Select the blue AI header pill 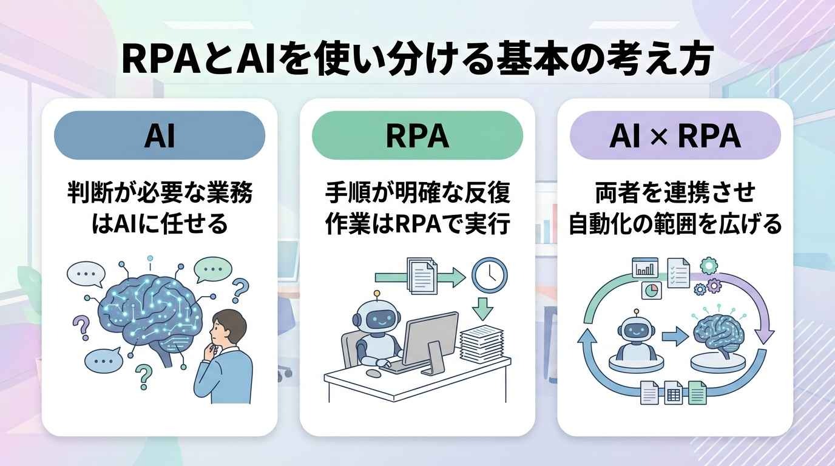[x=160, y=135]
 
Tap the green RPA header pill [x=417, y=135]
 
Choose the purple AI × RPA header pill [x=675, y=135]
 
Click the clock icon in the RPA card [x=490, y=275]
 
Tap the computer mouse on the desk [x=373, y=373]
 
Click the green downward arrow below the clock [x=483, y=309]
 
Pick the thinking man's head [x=228, y=328]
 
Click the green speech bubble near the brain [x=213, y=270]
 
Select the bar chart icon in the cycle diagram [x=645, y=268]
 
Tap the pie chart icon [x=651, y=291]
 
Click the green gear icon [x=709, y=266]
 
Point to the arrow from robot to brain [x=675, y=336]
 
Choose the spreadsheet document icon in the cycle [x=673, y=393]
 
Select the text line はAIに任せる [x=160, y=224]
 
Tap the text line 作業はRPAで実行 [x=417, y=224]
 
